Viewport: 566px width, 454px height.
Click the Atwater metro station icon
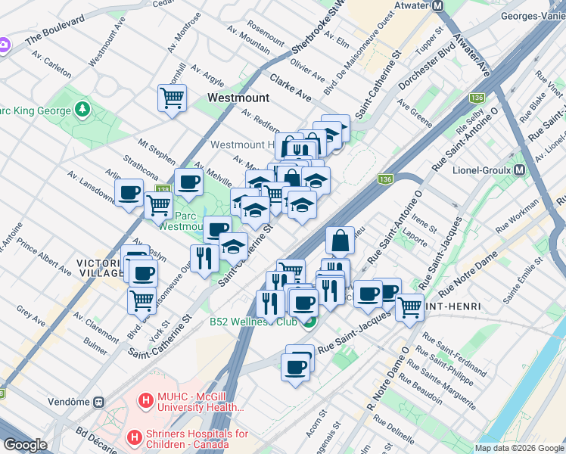438,6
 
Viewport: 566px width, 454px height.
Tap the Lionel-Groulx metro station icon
519,170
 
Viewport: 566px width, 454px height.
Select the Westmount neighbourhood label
238,98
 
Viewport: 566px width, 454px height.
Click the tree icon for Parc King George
82,111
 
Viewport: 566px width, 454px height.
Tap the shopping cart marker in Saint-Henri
409,307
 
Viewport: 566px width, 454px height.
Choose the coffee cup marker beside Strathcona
188,182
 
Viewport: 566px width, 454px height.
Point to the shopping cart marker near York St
141,300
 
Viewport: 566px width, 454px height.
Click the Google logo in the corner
25,446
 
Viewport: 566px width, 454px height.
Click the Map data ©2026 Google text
519,448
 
